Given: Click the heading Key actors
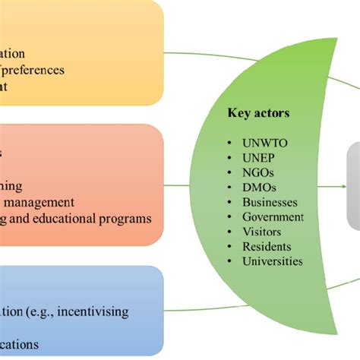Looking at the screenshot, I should [258, 115].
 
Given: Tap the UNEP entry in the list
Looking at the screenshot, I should [259, 158].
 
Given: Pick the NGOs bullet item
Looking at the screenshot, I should [259, 173].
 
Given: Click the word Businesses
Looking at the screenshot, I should [270, 203].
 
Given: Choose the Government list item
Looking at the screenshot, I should [273, 217].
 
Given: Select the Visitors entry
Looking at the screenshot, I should [262, 232].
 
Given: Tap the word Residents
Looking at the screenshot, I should [267, 247].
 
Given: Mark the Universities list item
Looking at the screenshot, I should [273, 261].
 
